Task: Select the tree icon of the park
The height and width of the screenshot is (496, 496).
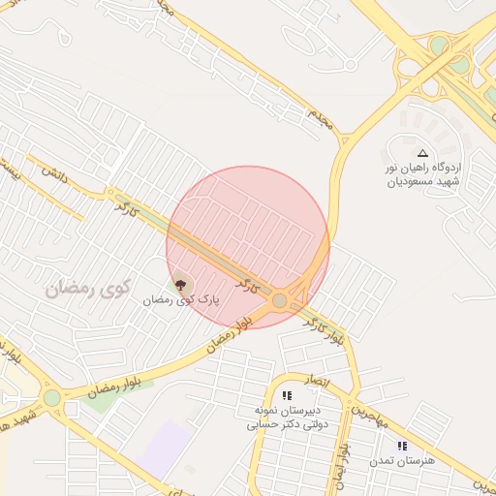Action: pyautogui.click(x=180, y=285)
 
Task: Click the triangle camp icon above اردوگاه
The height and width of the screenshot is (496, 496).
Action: pyautogui.click(x=422, y=153)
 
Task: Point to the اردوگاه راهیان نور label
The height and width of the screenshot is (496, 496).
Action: pyautogui.click(x=425, y=168)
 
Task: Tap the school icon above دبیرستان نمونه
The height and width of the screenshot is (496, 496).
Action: pyautogui.click(x=287, y=395)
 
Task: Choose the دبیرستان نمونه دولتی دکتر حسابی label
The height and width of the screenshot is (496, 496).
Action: pyautogui.click(x=288, y=417)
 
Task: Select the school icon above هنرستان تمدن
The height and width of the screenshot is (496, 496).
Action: pyautogui.click(x=402, y=446)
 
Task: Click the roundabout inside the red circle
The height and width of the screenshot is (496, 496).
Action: pyautogui.click(x=280, y=301)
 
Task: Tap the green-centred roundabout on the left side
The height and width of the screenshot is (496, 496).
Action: pyautogui.click(x=51, y=397)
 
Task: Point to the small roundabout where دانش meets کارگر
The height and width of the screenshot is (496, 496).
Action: pyautogui.click(x=111, y=194)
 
